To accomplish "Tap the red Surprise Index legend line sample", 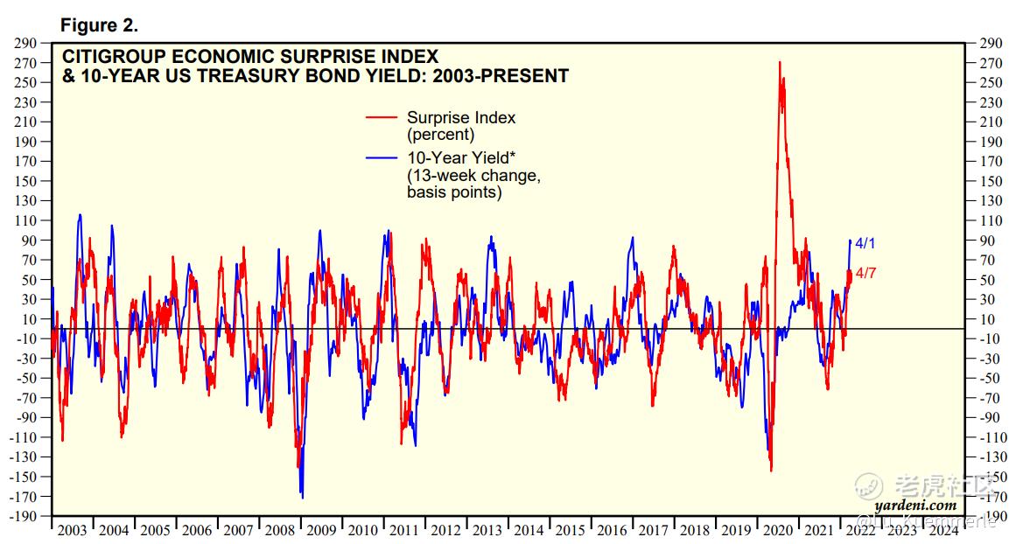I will [x=382, y=117].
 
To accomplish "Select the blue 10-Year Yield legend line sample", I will [x=382, y=158].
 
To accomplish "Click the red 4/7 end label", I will [x=865, y=273].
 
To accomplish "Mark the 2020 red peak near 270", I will [x=779, y=63].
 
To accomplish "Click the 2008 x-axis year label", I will [x=280, y=530].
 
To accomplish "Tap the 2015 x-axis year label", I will [x=571, y=530].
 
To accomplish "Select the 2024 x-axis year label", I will [x=942, y=530].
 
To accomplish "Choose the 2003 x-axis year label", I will [x=73, y=530].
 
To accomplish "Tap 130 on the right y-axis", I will [x=991, y=201].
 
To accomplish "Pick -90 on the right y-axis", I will [x=991, y=418].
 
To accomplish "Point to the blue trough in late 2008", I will [x=302, y=497].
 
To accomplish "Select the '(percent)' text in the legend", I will [x=440, y=135].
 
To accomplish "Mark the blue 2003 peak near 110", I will [x=81, y=214].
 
